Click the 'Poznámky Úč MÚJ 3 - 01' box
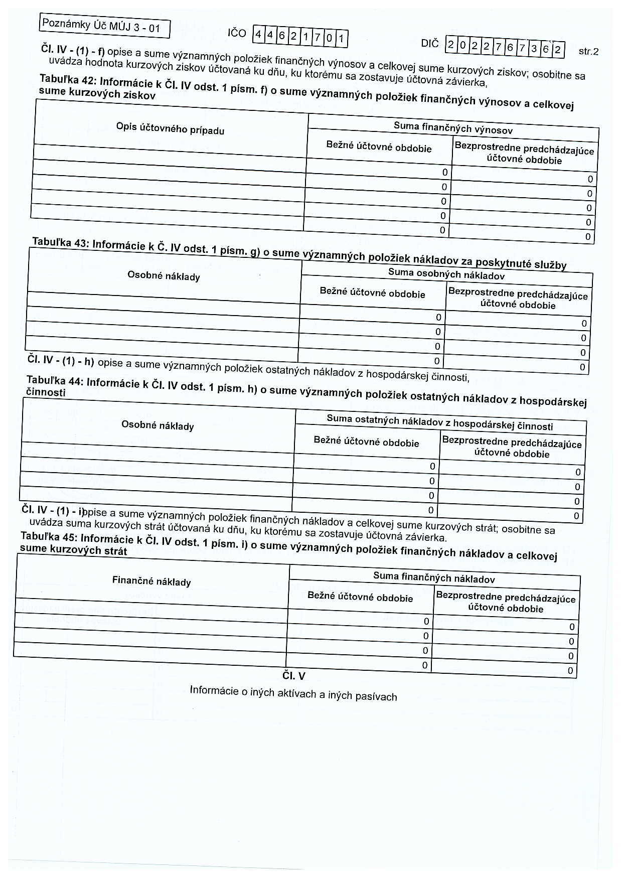pos(104,27)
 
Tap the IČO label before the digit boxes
pos(237,33)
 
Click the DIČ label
pos(430,44)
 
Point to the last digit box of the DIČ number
pos(557,50)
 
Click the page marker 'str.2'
pos(588,51)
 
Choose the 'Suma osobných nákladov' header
pos(446,274)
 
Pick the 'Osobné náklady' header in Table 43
pos(164,276)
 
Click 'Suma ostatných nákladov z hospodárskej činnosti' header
pos(440,422)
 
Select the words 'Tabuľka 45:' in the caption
pos(48,536)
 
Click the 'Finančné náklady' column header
pos(151,581)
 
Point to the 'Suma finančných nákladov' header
pos(434,577)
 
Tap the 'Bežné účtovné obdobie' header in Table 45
pos(360,597)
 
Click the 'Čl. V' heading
pos(293,675)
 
